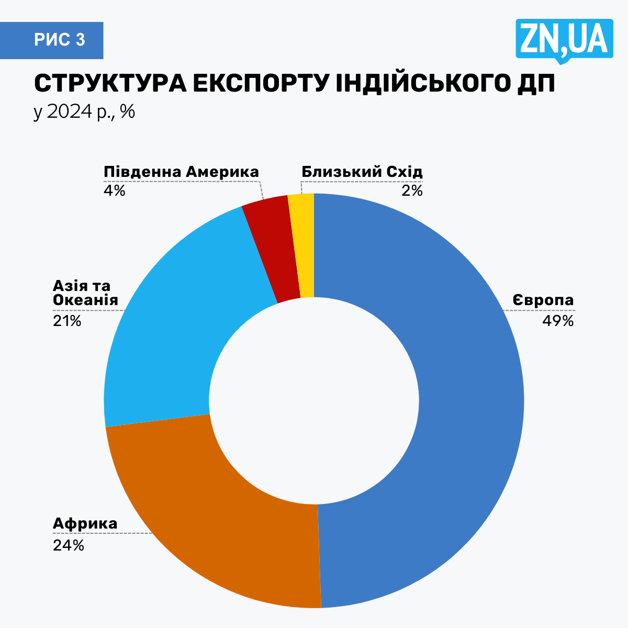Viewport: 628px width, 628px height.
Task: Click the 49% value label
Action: [558, 321]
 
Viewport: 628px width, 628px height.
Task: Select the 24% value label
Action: [68, 545]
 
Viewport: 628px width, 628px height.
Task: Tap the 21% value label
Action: [67, 321]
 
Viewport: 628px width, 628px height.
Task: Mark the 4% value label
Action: [114, 190]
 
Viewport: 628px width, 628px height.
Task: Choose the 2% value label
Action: [412, 190]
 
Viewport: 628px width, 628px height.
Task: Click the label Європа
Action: [543, 300]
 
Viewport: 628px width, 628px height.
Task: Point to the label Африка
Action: [85, 524]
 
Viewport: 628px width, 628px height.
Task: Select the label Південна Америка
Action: [181, 172]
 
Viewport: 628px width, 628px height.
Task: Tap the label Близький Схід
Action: [362, 172]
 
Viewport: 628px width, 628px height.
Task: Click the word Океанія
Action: [85, 300]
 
